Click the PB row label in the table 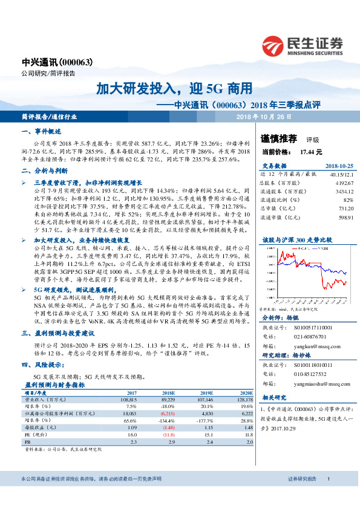(x=27, y=443)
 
